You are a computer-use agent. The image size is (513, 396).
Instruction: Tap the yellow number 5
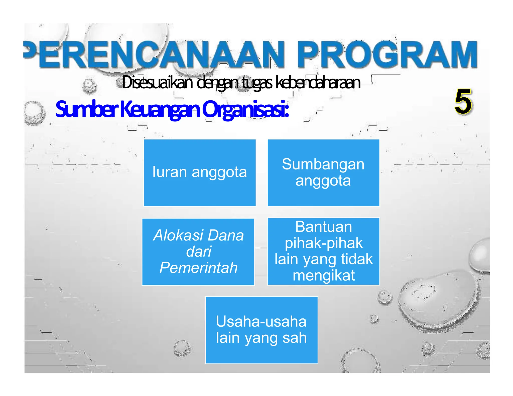point(463,102)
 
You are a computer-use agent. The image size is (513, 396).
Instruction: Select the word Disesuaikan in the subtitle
point(157,83)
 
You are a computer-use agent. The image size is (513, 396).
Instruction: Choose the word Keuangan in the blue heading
point(160,109)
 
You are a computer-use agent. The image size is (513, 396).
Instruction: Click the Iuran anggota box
point(200,172)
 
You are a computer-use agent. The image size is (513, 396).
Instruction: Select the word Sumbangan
point(323,164)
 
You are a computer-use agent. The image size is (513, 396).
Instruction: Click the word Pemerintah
point(198,268)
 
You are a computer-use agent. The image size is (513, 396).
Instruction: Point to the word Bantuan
point(323,227)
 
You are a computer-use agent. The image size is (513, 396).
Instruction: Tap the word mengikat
point(324,275)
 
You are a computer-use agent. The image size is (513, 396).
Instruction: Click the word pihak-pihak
point(324,243)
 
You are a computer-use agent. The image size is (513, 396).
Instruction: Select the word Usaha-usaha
point(261,321)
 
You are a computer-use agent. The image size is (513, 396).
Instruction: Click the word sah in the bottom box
point(295,338)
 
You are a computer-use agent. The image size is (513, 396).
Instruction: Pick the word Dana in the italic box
point(226,235)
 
